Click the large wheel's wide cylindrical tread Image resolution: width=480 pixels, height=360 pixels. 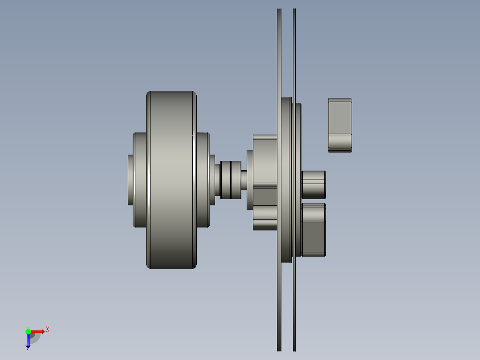point(171,180)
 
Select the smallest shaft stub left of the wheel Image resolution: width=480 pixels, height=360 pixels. point(130,180)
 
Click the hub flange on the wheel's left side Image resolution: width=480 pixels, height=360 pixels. point(140,180)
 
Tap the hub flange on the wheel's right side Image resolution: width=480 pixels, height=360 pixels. point(203,180)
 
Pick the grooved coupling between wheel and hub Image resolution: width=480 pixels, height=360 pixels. point(231,180)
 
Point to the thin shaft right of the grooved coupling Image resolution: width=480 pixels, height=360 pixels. point(244,178)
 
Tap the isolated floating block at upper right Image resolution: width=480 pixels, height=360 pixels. point(340,125)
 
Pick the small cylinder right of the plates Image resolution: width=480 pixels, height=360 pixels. point(313,184)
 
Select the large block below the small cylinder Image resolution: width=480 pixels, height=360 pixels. point(313,230)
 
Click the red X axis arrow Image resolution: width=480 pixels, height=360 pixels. point(38,331)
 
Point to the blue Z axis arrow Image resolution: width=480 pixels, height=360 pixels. point(28,341)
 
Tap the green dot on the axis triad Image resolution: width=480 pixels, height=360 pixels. point(28,331)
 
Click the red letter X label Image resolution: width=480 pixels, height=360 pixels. point(47,330)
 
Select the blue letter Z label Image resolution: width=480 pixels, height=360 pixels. point(28,349)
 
